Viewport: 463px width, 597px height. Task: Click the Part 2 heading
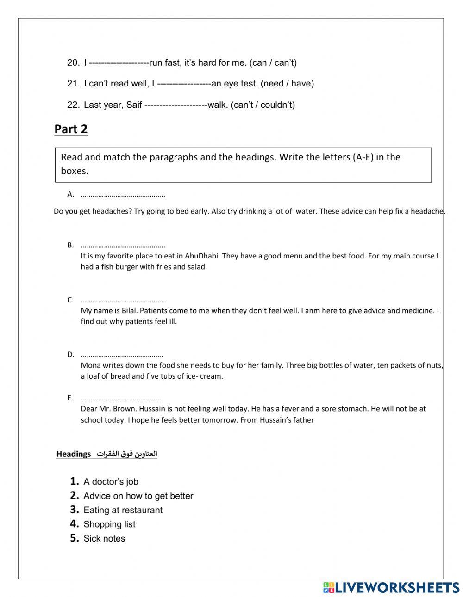point(71,129)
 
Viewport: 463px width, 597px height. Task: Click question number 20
point(73,62)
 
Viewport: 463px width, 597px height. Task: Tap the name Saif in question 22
point(134,105)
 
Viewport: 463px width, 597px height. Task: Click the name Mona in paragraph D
point(90,365)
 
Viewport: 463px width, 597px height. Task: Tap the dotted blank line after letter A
point(123,195)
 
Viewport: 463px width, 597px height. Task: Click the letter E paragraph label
point(70,398)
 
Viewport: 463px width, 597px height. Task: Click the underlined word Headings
point(74,454)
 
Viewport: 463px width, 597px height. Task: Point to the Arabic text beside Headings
point(127,454)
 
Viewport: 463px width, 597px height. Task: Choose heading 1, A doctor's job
point(111,482)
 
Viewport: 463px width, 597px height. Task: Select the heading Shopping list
point(109,524)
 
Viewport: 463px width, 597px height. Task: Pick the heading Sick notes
point(104,539)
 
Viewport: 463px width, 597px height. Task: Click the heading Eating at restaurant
point(123,510)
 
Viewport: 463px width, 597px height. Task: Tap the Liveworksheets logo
point(391,587)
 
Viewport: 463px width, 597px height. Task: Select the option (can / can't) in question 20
point(273,62)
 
